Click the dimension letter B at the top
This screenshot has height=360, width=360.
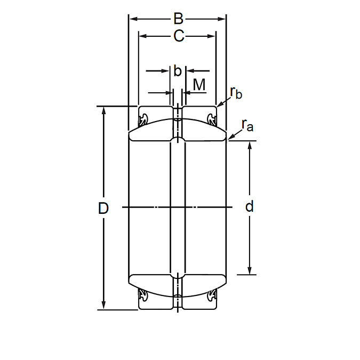[x=178, y=19]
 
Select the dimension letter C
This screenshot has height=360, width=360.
[x=179, y=36]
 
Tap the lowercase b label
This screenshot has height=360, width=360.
[x=178, y=71]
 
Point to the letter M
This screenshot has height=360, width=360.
[x=199, y=85]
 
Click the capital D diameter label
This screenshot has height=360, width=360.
[x=103, y=208]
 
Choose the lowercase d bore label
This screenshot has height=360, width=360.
[x=250, y=206]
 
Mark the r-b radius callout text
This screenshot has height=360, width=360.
[x=236, y=92]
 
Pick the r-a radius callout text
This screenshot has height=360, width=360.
[x=247, y=125]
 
